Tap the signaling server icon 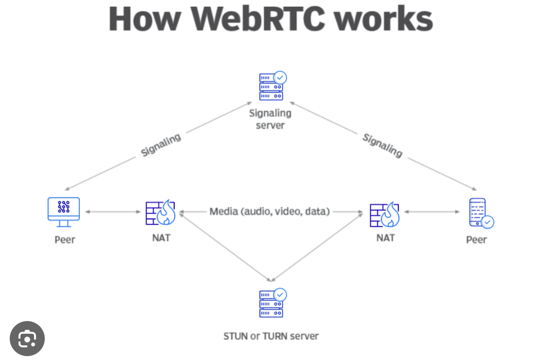tap(271, 87)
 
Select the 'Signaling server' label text tap(270, 119)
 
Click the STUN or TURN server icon tap(271, 304)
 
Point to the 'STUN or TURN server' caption tap(271, 336)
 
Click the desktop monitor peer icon tap(64, 212)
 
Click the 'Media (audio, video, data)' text tap(270, 212)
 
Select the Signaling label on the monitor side tap(161, 145)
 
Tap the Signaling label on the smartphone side tap(382, 145)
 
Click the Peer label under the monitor tap(65, 239)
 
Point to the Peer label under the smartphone tap(476, 239)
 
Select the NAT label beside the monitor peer tap(161, 238)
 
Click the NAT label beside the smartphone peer tap(385, 238)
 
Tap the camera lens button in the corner tap(27, 339)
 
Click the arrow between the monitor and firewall tap(112, 212)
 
